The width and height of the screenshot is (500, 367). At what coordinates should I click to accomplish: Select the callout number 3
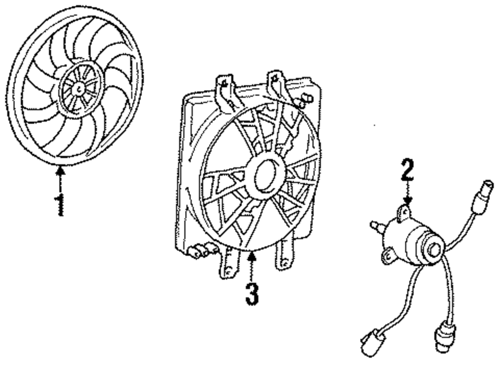pos(252,294)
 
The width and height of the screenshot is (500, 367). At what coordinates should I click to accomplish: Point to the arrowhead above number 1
pos(60,171)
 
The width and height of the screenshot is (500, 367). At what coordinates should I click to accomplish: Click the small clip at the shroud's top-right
pos(304,101)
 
